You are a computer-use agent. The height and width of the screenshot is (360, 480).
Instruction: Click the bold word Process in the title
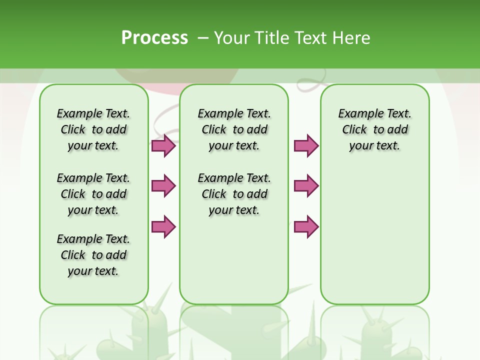tap(154, 37)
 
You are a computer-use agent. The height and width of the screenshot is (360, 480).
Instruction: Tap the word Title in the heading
tap(270, 37)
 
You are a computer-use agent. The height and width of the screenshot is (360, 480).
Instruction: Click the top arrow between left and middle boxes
tap(163, 145)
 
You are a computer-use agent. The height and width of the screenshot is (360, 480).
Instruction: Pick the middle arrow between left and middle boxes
tap(163, 186)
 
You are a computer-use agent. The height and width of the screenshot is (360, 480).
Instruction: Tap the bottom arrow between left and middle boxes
tap(163, 226)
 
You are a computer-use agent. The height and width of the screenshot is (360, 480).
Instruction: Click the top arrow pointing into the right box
tap(306, 145)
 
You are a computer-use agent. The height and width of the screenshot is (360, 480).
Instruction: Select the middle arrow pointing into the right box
tap(306, 186)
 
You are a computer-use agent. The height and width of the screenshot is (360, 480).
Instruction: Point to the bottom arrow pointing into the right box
tap(306, 226)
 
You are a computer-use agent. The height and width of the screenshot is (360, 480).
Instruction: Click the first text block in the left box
tap(93, 129)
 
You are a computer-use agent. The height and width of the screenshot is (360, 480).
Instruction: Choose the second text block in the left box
tap(93, 194)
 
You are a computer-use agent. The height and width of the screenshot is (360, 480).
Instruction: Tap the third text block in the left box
tap(93, 255)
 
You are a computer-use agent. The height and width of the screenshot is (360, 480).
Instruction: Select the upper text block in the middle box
tap(234, 129)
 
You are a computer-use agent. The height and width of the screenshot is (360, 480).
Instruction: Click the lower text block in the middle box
tap(234, 194)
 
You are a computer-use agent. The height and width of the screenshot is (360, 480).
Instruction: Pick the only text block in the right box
tap(374, 129)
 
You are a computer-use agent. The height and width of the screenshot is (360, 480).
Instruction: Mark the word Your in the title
tap(231, 37)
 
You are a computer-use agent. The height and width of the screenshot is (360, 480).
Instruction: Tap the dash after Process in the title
tap(203, 37)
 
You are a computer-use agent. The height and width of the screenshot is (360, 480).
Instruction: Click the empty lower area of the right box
tap(374, 235)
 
